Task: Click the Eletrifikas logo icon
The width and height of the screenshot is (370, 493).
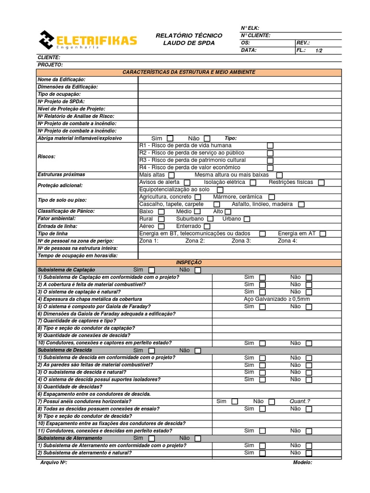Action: point(47,39)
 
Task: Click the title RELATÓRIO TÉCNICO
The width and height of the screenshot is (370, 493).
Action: point(189,36)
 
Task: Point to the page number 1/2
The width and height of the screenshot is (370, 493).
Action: point(319,50)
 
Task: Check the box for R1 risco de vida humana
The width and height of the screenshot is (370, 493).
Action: point(270,145)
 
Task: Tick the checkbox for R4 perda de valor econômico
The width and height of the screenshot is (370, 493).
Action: point(270,168)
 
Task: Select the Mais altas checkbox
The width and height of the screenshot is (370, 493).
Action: point(172,175)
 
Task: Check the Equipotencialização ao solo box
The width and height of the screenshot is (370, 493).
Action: point(220,190)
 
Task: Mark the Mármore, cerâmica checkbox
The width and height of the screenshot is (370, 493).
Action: point(272,197)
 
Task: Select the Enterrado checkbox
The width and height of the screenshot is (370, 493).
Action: point(207,226)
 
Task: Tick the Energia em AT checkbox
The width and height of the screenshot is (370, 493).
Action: point(323,234)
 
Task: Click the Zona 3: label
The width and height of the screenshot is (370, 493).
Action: point(241,241)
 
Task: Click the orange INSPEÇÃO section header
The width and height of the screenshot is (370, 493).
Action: point(189,262)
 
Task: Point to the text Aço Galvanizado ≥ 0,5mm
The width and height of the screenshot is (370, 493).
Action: point(277,299)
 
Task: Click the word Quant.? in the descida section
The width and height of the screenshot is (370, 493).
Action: point(300,401)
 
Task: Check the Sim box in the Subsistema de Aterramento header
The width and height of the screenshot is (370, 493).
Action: point(151,439)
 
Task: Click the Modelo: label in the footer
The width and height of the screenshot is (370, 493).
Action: point(303,463)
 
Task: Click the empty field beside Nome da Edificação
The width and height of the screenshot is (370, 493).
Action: point(239,79)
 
